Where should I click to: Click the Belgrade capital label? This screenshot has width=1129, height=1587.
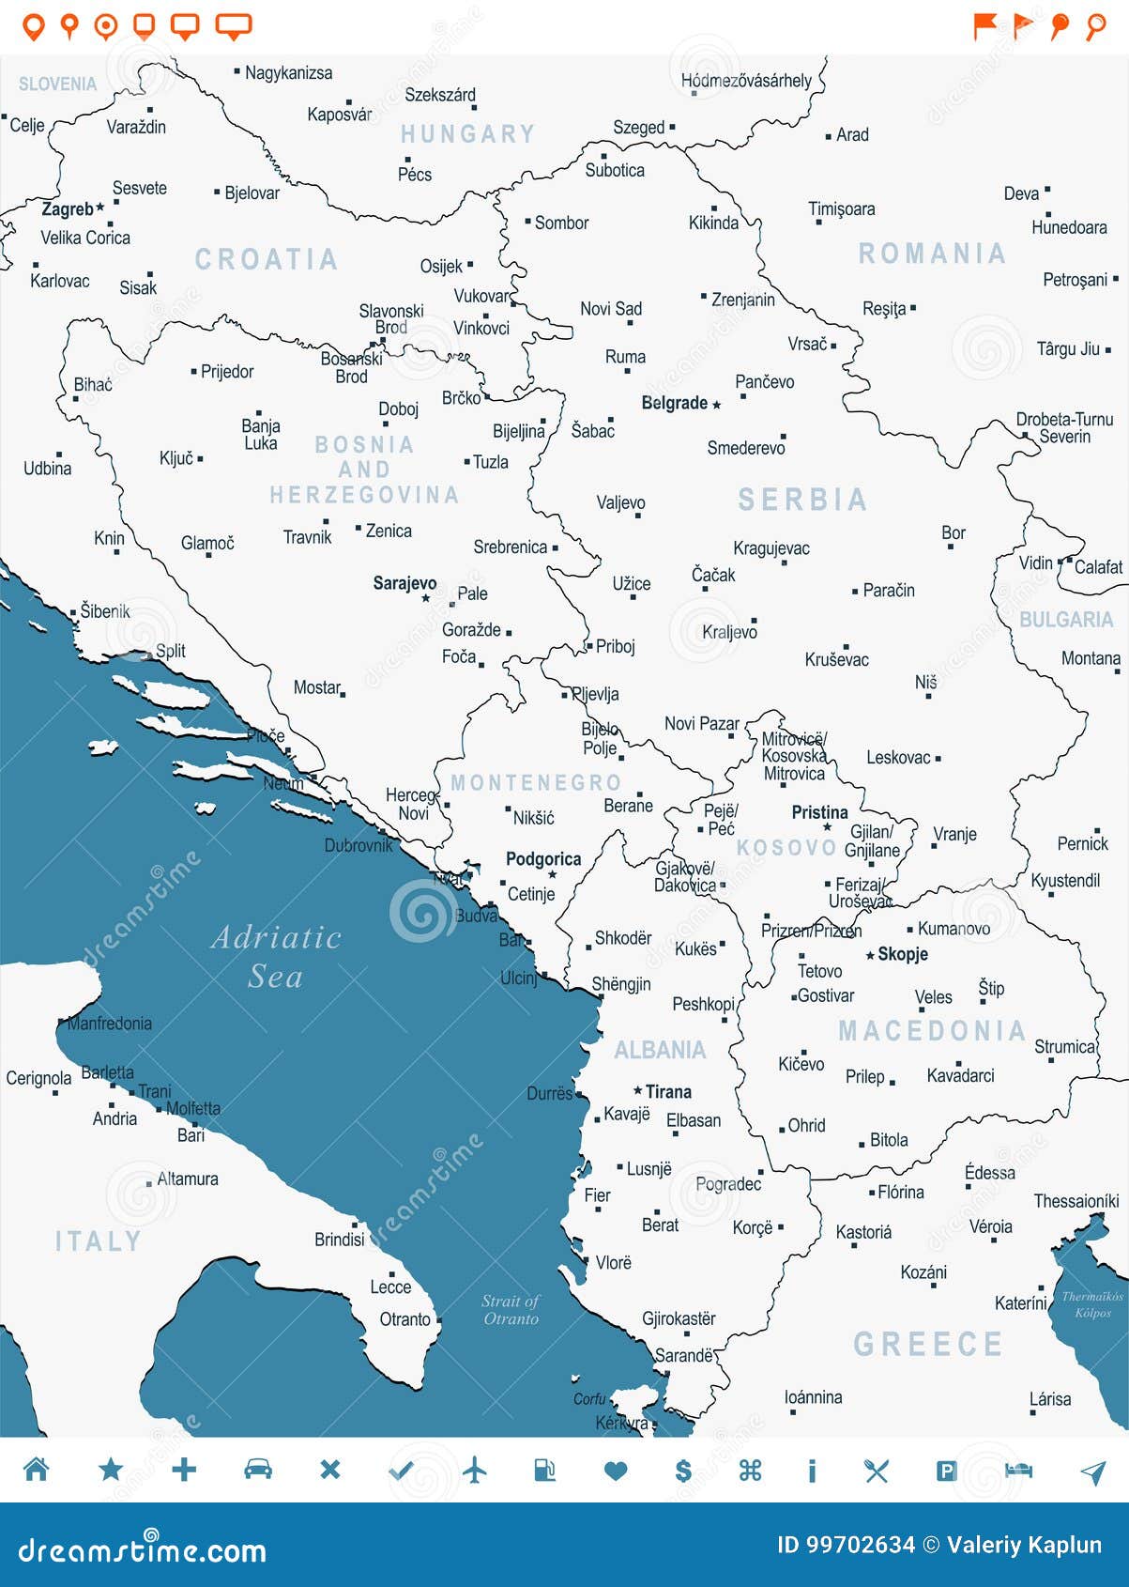pos(674,403)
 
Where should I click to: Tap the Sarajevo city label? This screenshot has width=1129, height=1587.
pos(404,583)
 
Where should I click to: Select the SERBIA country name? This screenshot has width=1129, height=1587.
pos(802,500)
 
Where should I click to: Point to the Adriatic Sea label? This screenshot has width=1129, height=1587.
pos(276,956)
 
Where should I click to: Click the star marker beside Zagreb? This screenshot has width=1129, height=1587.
pos(100,207)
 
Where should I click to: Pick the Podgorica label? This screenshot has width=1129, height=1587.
pos(542,858)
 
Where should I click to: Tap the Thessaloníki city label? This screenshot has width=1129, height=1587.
pos(1076,1201)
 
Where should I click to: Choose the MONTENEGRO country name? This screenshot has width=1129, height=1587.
pos(536,782)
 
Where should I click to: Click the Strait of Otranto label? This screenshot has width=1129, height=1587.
pos(511,1309)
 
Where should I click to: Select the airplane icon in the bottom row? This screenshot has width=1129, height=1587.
pos(476,1470)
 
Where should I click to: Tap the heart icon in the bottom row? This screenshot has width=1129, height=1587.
pos(616,1471)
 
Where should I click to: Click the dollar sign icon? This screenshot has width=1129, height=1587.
pos(683,1471)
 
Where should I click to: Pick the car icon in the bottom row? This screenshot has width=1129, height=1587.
pos(258,1470)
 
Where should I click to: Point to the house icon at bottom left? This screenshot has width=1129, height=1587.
pos(37,1470)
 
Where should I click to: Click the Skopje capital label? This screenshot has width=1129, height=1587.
pos(902,954)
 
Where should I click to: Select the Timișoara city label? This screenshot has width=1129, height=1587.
pos(841,208)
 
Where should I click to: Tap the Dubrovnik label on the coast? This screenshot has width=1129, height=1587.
pos(359,845)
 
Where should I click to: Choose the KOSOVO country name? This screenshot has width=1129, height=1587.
pos(786,848)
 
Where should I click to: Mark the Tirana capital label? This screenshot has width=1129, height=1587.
pos(668,1092)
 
